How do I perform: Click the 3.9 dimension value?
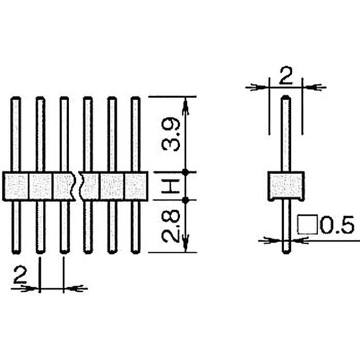point(171,135)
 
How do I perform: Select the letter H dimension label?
point(171,185)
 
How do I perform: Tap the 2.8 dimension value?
point(171,226)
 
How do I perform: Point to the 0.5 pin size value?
point(337,225)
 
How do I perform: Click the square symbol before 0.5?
point(308,225)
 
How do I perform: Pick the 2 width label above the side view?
point(285,76)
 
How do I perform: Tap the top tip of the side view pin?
point(286,98)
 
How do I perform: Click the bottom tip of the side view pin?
point(286,252)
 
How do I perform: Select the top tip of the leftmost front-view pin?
point(16,99)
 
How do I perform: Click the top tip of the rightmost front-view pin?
point(135,99)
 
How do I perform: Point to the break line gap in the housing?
point(78,186)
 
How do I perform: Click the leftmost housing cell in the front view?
point(16,186)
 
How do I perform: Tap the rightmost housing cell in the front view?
point(135,186)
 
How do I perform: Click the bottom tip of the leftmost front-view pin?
point(16,251)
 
